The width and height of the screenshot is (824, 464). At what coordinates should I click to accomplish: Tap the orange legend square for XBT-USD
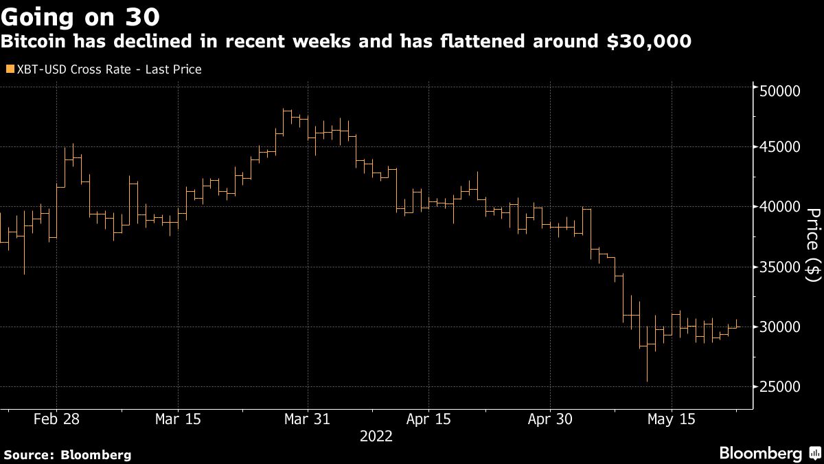(9, 69)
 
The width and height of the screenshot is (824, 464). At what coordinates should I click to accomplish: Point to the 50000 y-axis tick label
(780, 91)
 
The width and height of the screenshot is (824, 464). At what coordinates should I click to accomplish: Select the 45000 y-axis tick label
(780, 147)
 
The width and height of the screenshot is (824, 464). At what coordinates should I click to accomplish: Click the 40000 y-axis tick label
(780, 207)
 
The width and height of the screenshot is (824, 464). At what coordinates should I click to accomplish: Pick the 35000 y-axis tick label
(780, 267)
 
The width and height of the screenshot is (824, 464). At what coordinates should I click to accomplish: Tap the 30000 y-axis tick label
(780, 327)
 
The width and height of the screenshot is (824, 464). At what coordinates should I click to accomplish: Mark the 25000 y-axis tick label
(780, 387)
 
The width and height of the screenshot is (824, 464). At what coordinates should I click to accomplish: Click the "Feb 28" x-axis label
(56, 419)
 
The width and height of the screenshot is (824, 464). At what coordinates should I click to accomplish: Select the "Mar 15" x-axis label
(178, 419)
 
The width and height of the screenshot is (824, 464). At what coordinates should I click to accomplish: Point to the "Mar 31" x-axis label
(308, 419)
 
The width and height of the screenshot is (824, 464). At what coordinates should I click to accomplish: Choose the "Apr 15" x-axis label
(428, 419)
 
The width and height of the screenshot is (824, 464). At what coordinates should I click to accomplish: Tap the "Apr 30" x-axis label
(551, 419)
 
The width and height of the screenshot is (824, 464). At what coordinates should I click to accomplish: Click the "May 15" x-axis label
(672, 419)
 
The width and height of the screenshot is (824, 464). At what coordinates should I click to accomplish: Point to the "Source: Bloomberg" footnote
(67, 454)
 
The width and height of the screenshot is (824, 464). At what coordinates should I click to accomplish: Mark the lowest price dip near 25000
(647, 380)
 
